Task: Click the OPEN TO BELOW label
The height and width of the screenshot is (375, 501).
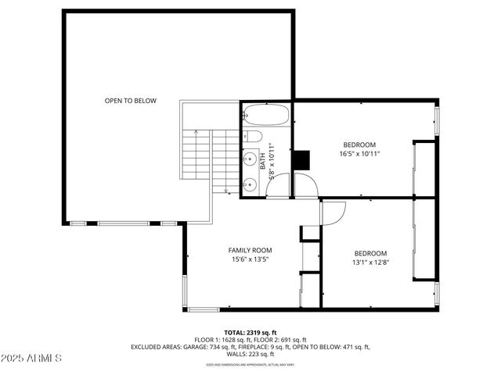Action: (x=131, y=101)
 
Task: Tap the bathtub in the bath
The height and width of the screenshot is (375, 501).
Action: (x=266, y=116)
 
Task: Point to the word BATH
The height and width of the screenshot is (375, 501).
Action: (x=263, y=160)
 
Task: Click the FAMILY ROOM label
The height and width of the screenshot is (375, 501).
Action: (x=250, y=250)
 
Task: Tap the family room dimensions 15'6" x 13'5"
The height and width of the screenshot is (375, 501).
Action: (x=250, y=259)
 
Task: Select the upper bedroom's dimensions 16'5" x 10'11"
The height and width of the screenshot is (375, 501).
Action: (x=359, y=154)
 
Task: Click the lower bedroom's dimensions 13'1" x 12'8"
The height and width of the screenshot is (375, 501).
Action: (x=370, y=262)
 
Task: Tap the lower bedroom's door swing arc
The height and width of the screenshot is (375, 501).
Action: (x=335, y=211)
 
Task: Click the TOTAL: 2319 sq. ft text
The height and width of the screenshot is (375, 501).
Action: (x=250, y=331)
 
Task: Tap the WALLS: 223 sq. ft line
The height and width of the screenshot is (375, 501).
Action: (x=250, y=354)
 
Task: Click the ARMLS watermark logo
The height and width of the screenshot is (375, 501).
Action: (x=31, y=359)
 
